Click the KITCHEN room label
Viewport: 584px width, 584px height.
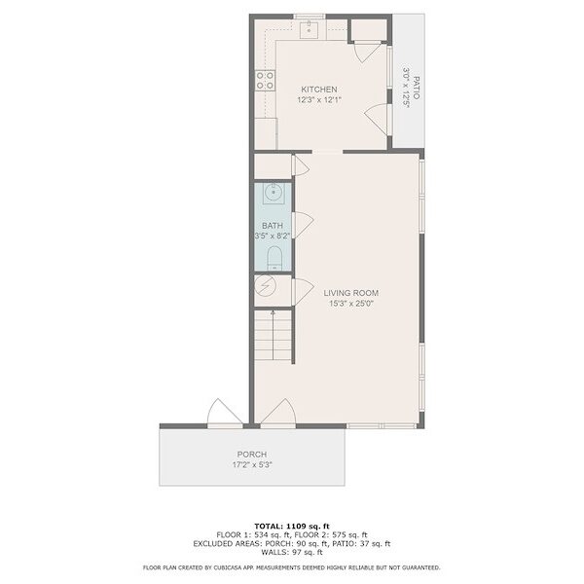coord(319,90)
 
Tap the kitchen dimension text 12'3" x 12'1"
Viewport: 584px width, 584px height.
coord(319,100)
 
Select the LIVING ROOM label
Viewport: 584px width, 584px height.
coord(350,293)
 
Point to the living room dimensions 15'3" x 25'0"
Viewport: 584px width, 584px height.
coord(350,304)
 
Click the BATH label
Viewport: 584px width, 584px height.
coord(273,226)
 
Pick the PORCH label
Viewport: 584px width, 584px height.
coord(252,455)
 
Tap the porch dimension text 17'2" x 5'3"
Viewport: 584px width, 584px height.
coord(252,465)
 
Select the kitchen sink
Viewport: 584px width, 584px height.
coord(310,29)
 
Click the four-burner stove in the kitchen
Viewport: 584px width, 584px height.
coord(265,81)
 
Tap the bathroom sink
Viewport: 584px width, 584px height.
coord(274,193)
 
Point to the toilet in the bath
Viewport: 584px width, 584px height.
coord(274,258)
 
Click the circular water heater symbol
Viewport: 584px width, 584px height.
coord(265,286)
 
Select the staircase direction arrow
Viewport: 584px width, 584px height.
coord(273,335)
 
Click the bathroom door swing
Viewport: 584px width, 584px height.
coord(303,225)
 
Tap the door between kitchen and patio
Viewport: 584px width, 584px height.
coord(377,119)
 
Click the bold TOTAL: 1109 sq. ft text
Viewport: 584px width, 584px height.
coord(292,527)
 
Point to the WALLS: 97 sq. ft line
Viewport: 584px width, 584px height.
coord(292,552)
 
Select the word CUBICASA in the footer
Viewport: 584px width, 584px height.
coord(228,568)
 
